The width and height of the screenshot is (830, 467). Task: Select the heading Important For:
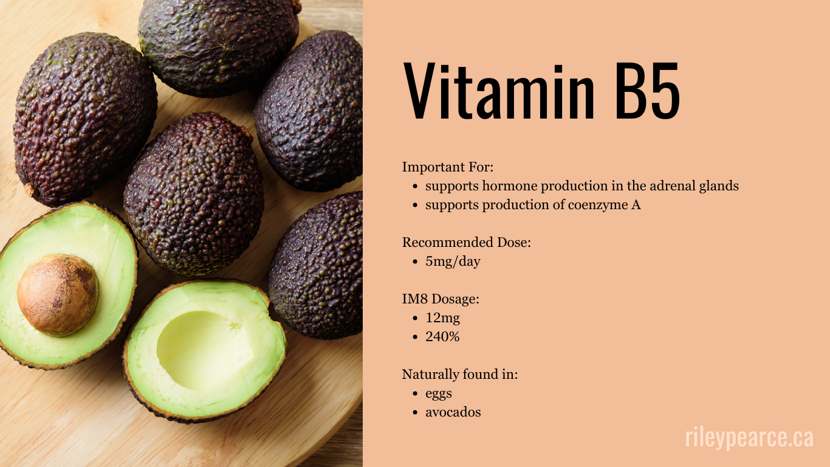(x=448, y=167)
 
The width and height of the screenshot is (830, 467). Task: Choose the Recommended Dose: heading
(x=467, y=242)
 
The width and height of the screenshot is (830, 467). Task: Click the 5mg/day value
(x=453, y=261)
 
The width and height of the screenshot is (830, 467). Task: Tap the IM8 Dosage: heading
(x=441, y=299)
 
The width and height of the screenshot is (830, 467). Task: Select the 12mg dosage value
(x=443, y=317)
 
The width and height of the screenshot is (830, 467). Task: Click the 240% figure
(x=442, y=336)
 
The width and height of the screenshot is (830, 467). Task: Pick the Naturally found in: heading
(x=460, y=374)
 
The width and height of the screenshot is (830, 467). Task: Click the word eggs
(x=439, y=393)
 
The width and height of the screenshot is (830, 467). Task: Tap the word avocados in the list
(x=453, y=412)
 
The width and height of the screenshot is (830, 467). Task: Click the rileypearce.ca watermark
(x=749, y=437)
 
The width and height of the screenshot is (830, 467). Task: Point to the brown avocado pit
(x=58, y=294)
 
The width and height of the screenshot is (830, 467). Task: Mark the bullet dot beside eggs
(x=414, y=394)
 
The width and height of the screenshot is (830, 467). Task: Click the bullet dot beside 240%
(x=414, y=337)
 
